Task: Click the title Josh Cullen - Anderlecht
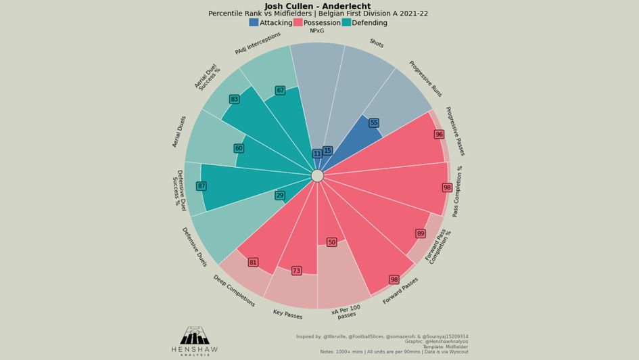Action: (x=317, y=6)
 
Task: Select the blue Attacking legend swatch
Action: (x=254, y=22)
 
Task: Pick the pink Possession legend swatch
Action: (x=298, y=22)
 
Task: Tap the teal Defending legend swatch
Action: (x=346, y=22)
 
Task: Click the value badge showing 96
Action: (x=439, y=135)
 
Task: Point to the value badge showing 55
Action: (x=373, y=123)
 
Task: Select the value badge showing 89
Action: (x=421, y=233)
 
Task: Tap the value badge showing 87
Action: (x=201, y=186)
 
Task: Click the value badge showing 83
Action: (x=234, y=99)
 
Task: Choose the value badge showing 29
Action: (x=280, y=196)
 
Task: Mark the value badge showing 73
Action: (x=296, y=271)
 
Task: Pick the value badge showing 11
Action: (x=317, y=154)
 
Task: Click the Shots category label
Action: (x=377, y=44)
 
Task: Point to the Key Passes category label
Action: (x=287, y=314)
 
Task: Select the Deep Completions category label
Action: (x=234, y=291)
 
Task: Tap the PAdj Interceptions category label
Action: (x=258, y=43)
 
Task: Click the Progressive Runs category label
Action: (x=425, y=78)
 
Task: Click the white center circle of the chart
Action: (x=317, y=176)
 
